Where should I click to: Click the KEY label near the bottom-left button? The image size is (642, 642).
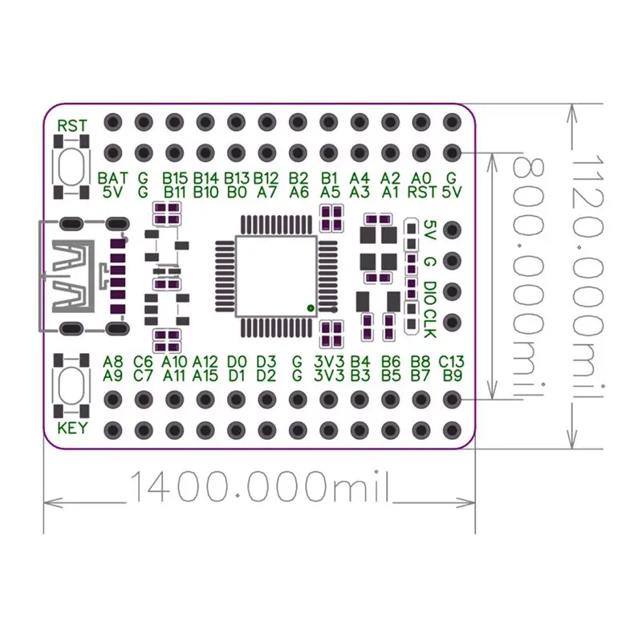pyautogui.click(x=72, y=428)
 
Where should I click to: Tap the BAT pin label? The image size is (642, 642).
pyautogui.click(x=112, y=178)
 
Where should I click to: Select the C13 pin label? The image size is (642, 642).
pyautogui.click(x=451, y=362)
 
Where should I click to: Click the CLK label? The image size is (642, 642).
pyautogui.click(x=429, y=324)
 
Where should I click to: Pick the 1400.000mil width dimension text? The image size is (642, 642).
pyautogui.click(x=259, y=487)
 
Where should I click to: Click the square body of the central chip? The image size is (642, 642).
pyautogui.click(x=276, y=276)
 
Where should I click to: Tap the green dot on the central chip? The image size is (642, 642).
pyautogui.click(x=311, y=308)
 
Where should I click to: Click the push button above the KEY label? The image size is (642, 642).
pyautogui.click(x=71, y=383)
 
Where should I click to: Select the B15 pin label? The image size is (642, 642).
pyautogui.click(x=175, y=178)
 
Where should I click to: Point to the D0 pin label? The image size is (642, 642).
pyautogui.click(x=237, y=362)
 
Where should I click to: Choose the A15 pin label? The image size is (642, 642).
pyautogui.click(x=205, y=376)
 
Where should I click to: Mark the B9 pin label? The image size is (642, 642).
pyautogui.click(x=453, y=376)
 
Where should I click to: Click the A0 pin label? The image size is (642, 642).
pyautogui.click(x=421, y=178)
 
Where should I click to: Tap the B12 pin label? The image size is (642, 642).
pyautogui.click(x=266, y=178)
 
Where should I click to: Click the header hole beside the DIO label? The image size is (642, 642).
pyautogui.click(x=452, y=291)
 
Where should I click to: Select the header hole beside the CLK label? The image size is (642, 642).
pyautogui.click(x=452, y=323)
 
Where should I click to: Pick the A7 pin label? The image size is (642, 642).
pyautogui.click(x=267, y=192)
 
